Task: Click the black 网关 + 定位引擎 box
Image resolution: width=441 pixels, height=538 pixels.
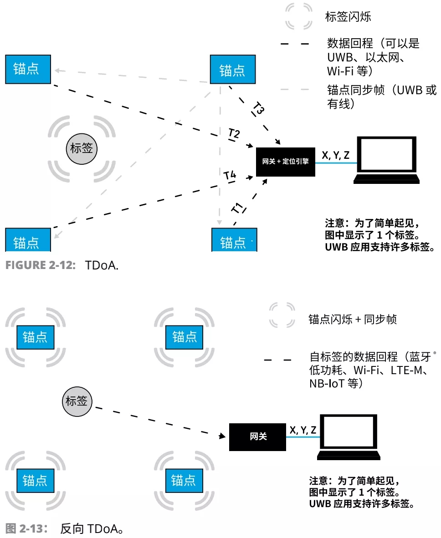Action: (285, 162)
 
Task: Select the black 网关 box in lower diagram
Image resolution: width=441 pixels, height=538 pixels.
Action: (257, 436)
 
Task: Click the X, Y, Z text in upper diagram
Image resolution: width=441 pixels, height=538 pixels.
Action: (336, 155)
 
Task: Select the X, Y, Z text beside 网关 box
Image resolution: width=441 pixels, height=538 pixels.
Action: (303, 430)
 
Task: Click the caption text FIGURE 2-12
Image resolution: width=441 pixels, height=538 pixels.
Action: (40, 265)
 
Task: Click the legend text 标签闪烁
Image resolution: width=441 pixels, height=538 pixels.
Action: (348, 17)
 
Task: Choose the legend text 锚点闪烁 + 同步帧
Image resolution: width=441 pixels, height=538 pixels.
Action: (352, 319)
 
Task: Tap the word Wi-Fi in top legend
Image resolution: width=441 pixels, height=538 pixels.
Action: (339, 71)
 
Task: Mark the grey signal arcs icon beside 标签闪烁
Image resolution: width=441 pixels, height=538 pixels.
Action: (298, 16)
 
